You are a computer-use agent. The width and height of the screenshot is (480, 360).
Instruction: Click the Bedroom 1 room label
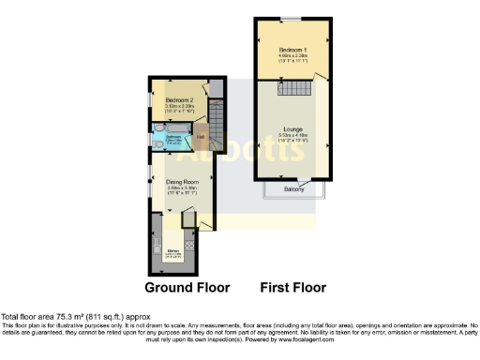pyautogui.click(x=293, y=48)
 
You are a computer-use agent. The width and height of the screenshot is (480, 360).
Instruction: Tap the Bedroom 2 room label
pyautogui.click(x=179, y=99)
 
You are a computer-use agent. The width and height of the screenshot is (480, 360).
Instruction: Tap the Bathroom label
pyautogui.click(x=173, y=136)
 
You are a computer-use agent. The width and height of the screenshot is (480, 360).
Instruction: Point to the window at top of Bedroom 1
pyautogui.click(x=293, y=18)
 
